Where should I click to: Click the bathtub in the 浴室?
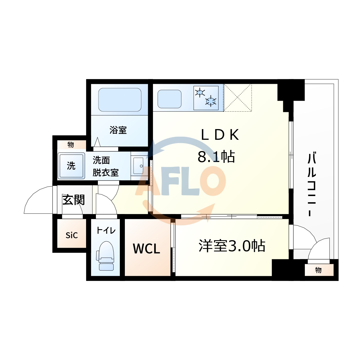[x=120, y=100]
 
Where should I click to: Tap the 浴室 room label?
[x=118, y=130]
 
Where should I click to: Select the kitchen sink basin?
[x=169, y=99]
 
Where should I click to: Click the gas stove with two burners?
[x=206, y=98]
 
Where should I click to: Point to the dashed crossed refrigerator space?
[x=238, y=98]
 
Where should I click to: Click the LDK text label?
[x=220, y=135]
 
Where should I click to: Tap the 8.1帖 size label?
[x=216, y=157]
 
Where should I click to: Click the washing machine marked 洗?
[x=71, y=166]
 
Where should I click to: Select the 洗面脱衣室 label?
[x=105, y=166]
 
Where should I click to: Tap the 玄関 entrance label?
[x=74, y=200]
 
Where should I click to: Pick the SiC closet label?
[x=71, y=235]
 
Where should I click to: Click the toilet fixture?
[x=105, y=256]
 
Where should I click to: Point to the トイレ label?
[x=106, y=230]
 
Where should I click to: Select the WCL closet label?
[x=147, y=249]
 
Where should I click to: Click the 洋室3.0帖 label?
[x=232, y=246]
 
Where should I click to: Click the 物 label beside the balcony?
[x=318, y=270]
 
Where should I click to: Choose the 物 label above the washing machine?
[x=71, y=145]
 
